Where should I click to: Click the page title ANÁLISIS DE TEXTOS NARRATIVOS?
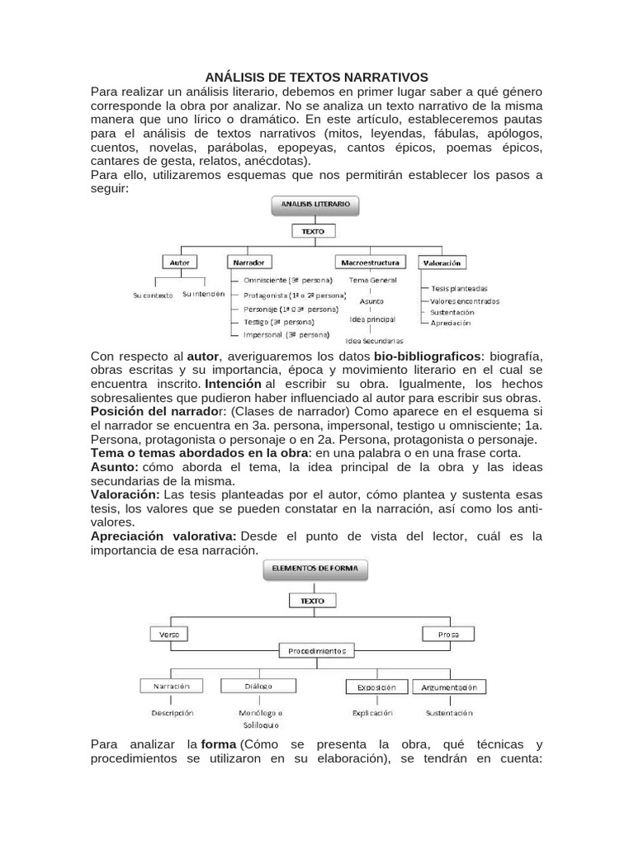(317, 77)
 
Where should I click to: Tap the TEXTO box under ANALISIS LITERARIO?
(313, 232)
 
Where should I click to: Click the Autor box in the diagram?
(179, 262)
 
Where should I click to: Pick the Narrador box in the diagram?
(248, 262)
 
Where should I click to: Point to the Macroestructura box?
(371, 262)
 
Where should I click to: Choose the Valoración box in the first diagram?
(442, 262)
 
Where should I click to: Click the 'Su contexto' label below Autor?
(153, 295)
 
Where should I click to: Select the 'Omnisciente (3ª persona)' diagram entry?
(282, 281)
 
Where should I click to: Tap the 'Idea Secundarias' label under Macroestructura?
(375, 340)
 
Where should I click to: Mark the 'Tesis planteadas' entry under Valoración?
(459, 289)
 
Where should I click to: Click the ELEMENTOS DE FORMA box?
(315, 569)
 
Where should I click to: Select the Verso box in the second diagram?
(169, 634)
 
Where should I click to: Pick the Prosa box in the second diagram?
(448, 634)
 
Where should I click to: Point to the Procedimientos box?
(317, 651)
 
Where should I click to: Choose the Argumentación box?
(448, 687)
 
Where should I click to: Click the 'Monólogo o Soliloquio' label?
(260, 718)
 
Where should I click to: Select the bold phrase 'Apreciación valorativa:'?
(163, 536)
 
